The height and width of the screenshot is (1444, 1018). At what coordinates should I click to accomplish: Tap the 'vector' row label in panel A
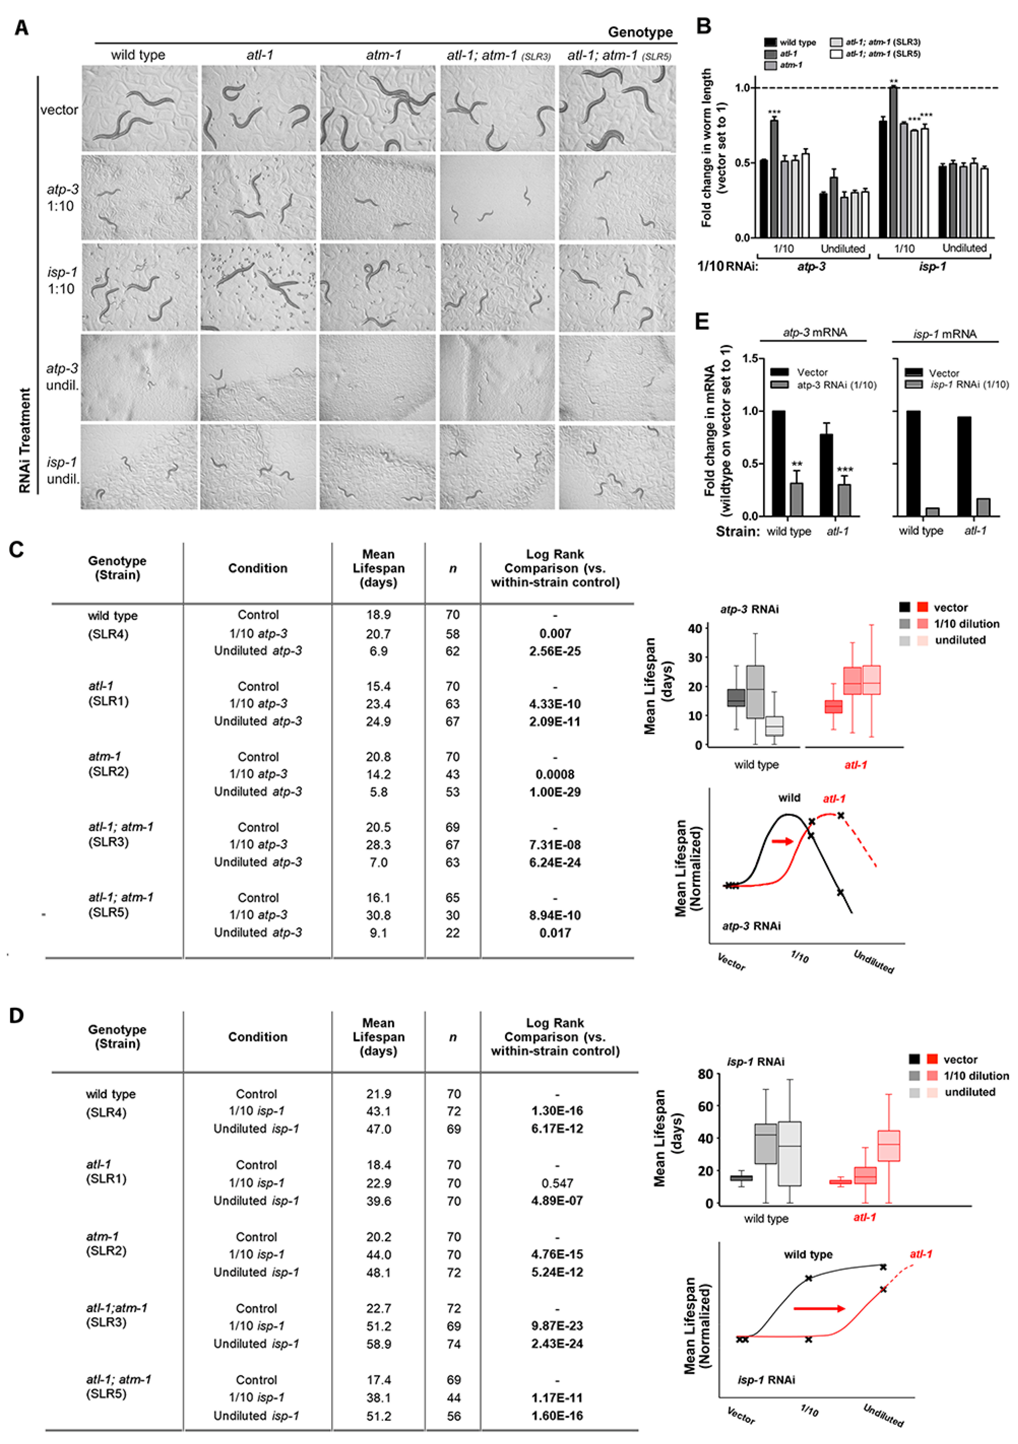(59, 110)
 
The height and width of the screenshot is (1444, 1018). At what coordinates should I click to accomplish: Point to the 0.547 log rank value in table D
(557, 1183)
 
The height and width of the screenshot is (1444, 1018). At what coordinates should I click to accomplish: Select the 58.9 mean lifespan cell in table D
(379, 1343)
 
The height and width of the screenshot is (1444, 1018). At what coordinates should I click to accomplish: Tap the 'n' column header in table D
(453, 1037)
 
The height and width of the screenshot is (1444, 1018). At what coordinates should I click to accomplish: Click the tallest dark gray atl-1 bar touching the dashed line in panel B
(893, 161)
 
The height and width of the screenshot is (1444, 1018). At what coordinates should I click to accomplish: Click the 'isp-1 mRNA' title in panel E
(945, 334)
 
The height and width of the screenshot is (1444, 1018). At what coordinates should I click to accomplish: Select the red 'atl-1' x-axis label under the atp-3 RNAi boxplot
(855, 765)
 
